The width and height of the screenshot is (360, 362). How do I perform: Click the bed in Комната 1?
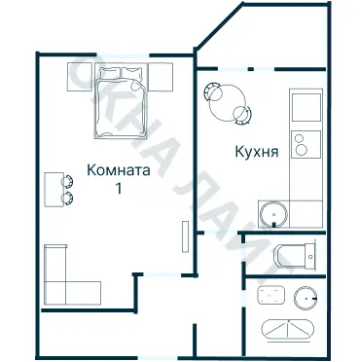pos(122,101)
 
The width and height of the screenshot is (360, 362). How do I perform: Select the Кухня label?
pos(258,152)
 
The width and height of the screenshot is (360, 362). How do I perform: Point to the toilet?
pos(295,256)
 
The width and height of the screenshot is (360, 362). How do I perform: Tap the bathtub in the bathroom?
pos(290,328)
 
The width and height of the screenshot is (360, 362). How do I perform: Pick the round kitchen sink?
pos(272,211)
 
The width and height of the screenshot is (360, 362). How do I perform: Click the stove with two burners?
pos(306,144)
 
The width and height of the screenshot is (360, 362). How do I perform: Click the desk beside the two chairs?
pos(54,187)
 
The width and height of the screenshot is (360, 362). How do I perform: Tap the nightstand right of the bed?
pos(162,75)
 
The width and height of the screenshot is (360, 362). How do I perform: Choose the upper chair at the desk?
pos(68,179)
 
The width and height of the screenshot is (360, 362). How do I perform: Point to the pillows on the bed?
pos(122,72)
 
